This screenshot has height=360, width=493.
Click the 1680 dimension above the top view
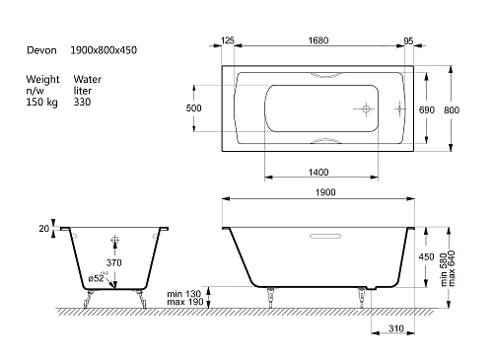(x=318, y=40)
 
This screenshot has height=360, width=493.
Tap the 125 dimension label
(x=227, y=40)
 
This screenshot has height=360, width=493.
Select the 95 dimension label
(x=408, y=40)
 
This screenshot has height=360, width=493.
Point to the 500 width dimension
(x=193, y=108)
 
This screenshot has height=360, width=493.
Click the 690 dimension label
(x=427, y=109)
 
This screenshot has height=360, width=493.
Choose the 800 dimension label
(x=452, y=109)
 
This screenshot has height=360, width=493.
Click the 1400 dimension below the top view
(x=318, y=173)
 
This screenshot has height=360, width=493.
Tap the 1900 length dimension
(x=325, y=192)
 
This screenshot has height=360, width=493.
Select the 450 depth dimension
(x=426, y=256)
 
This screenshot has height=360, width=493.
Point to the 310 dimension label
(x=396, y=328)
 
